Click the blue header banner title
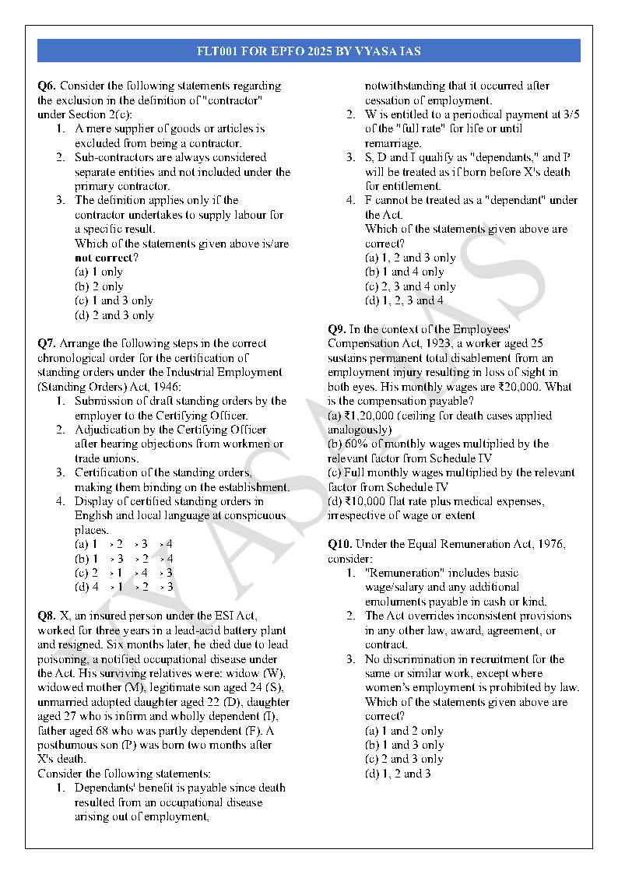[x=309, y=51]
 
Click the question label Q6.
[x=47, y=86]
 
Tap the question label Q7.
[x=47, y=343]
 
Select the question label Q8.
[x=47, y=616]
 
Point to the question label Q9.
[x=337, y=329]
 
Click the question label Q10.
[x=340, y=544]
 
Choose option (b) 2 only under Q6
[x=99, y=286]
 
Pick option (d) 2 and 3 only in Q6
[x=114, y=315]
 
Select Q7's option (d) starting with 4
[x=124, y=587]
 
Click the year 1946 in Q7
[x=165, y=387]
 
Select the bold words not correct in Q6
[x=106, y=258]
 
